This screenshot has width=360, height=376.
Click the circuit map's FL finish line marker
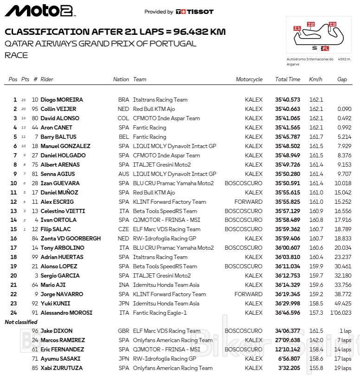[325, 48]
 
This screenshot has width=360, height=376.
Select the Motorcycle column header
[249, 79]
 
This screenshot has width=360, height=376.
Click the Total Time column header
[288, 79]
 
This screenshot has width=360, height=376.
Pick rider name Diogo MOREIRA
[62, 100]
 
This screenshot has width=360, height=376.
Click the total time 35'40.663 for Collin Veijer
[288, 109]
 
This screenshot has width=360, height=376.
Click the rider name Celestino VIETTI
[62, 211]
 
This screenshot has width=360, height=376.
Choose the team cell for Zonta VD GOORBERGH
[165, 239]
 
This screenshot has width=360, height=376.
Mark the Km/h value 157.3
[316, 313]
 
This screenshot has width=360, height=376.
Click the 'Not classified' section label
[21, 322]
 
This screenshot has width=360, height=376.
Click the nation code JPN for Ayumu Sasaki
[123, 359]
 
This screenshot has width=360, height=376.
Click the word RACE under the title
[16, 55]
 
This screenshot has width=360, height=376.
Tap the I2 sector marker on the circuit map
[311, 24]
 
